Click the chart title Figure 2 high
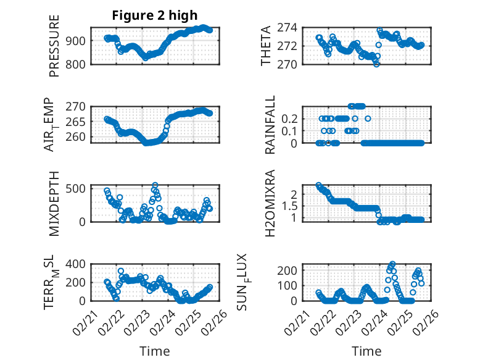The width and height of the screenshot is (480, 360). (155, 15)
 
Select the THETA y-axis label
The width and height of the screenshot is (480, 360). (266, 46)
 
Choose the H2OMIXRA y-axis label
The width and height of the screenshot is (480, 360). (270, 203)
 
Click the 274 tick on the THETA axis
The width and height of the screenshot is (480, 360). (290, 27)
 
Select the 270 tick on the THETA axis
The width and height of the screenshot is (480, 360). (290, 64)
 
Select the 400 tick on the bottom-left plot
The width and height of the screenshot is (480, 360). (77, 264)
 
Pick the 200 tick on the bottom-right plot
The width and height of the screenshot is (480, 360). (291, 270)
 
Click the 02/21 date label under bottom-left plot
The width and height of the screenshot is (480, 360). (84, 321)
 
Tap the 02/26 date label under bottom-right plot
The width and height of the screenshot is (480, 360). (427, 321)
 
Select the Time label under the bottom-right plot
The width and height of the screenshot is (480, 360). (366, 351)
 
